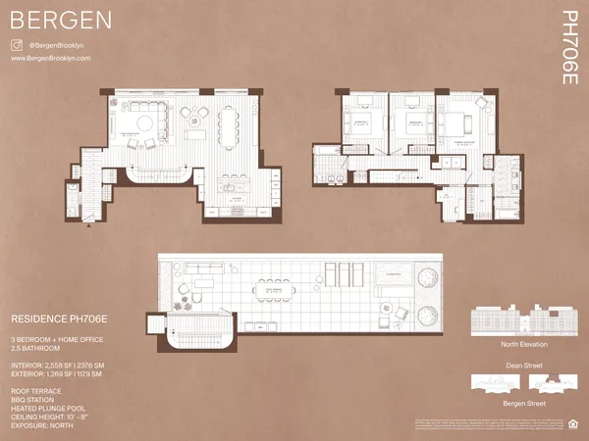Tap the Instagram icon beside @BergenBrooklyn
click(x=17, y=45)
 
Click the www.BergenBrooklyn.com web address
click(x=50, y=59)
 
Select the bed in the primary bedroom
click(x=457, y=125)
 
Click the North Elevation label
click(x=521, y=345)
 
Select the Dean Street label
click(x=521, y=365)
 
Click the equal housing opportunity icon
click(x=573, y=424)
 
